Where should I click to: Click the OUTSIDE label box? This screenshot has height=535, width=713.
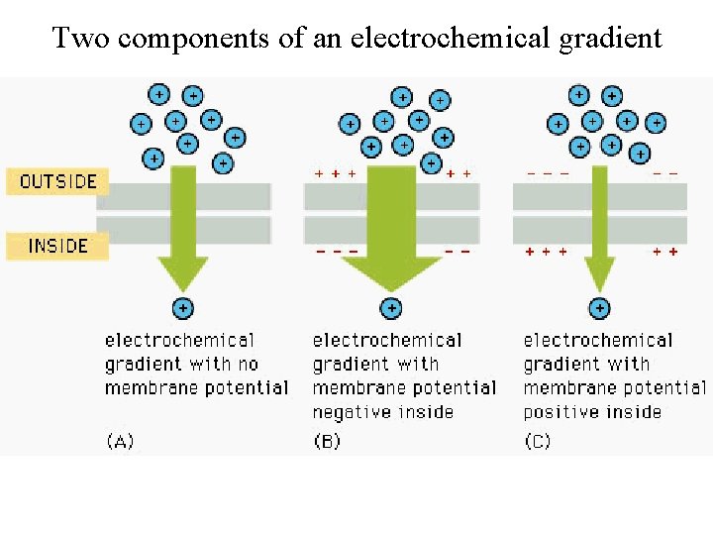[x=58, y=181]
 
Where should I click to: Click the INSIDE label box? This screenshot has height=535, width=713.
[x=58, y=246]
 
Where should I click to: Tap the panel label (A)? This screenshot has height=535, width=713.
[x=120, y=442]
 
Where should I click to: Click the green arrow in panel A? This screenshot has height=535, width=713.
[x=183, y=223]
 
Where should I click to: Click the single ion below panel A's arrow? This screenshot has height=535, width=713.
[x=183, y=308]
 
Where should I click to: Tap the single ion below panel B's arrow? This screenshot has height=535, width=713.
[x=392, y=308]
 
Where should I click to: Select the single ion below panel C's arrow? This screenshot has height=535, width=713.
[x=600, y=308]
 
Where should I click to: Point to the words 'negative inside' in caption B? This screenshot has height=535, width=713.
[x=382, y=412]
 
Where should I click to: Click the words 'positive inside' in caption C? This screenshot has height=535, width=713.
[x=592, y=412]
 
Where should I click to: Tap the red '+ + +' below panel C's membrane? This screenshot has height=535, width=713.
[x=546, y=252]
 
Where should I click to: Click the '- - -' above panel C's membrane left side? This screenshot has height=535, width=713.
[x=548, y=173]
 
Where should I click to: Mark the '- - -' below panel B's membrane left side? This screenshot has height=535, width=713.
[x=337, y=252]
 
